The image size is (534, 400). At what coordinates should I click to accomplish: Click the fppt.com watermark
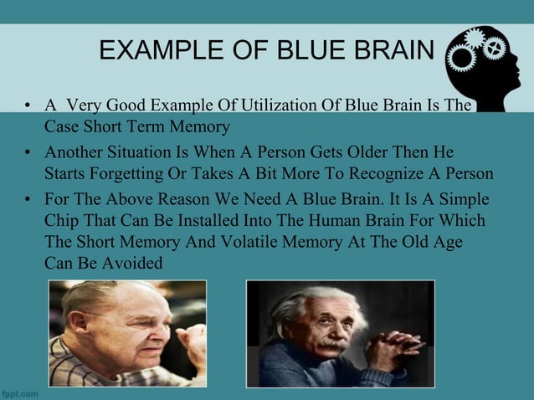(x=19, y=392)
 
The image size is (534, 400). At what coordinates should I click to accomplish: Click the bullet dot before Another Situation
(x=28, y=155)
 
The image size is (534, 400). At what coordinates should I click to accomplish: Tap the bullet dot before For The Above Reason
(x=28, y=203)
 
